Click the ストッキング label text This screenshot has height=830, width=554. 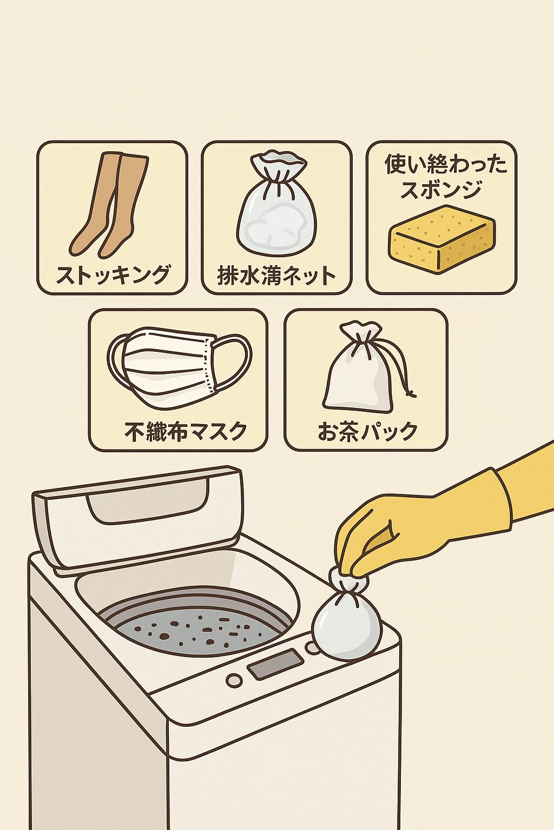(113, 275)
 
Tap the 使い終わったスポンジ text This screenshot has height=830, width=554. (445, 176)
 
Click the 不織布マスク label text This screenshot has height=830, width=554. (186, 431)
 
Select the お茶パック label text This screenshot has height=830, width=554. (367, 431)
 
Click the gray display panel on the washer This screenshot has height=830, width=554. (275, 664)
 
